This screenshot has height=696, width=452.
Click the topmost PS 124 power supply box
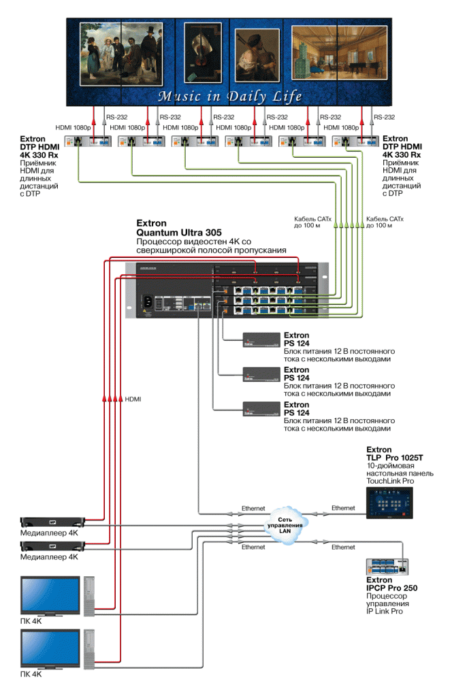tap(261, 340)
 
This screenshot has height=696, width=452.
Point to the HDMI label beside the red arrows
tap(133, 399)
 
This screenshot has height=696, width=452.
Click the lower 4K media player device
tap(53, 545)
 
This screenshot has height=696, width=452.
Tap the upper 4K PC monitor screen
tap(49, 593)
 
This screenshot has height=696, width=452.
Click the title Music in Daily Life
tap(229, 96)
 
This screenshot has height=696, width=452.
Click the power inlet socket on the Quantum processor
tap(148, 300)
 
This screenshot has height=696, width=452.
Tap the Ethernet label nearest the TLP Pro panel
tap(343, 508)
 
